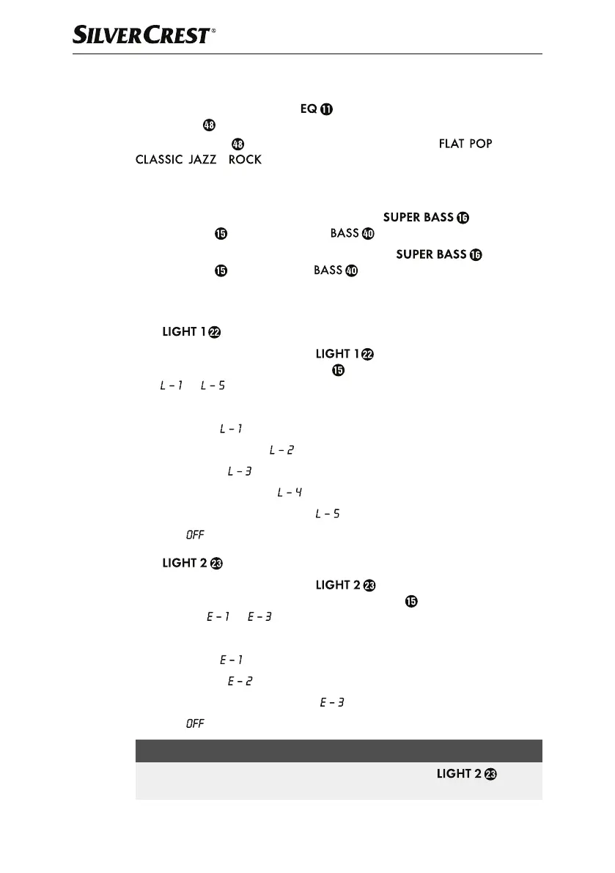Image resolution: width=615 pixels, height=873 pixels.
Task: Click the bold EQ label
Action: (x=308, y=108)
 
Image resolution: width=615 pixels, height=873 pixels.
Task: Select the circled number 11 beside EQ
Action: (x=326, y=109)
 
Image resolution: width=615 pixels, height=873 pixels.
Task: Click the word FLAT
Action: (x=451, y=144)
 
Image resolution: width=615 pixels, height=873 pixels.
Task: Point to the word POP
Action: (x=480, y=144)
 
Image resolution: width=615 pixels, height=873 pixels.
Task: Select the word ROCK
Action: (x=245, y=160)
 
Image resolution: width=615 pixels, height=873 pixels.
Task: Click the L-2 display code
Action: (x=282, y=450)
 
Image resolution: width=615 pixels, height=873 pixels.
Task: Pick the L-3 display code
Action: (x=240, y=471)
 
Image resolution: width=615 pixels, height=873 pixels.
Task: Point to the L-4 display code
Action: (x=290, y=493)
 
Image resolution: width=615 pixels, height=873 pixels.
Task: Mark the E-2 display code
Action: (x=240, y=681)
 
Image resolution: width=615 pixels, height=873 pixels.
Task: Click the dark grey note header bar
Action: (x=339, y=751)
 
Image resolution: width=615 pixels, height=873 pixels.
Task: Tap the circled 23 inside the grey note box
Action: (x=491, y=775)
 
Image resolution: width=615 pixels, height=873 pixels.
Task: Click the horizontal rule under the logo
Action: (x=307, y=54)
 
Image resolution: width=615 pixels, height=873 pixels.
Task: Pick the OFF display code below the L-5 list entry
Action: (x=194, y=535)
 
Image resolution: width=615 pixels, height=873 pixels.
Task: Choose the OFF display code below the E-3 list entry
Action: (x=194, y=723)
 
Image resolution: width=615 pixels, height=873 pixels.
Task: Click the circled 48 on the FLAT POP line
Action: (x=237, y=144)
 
